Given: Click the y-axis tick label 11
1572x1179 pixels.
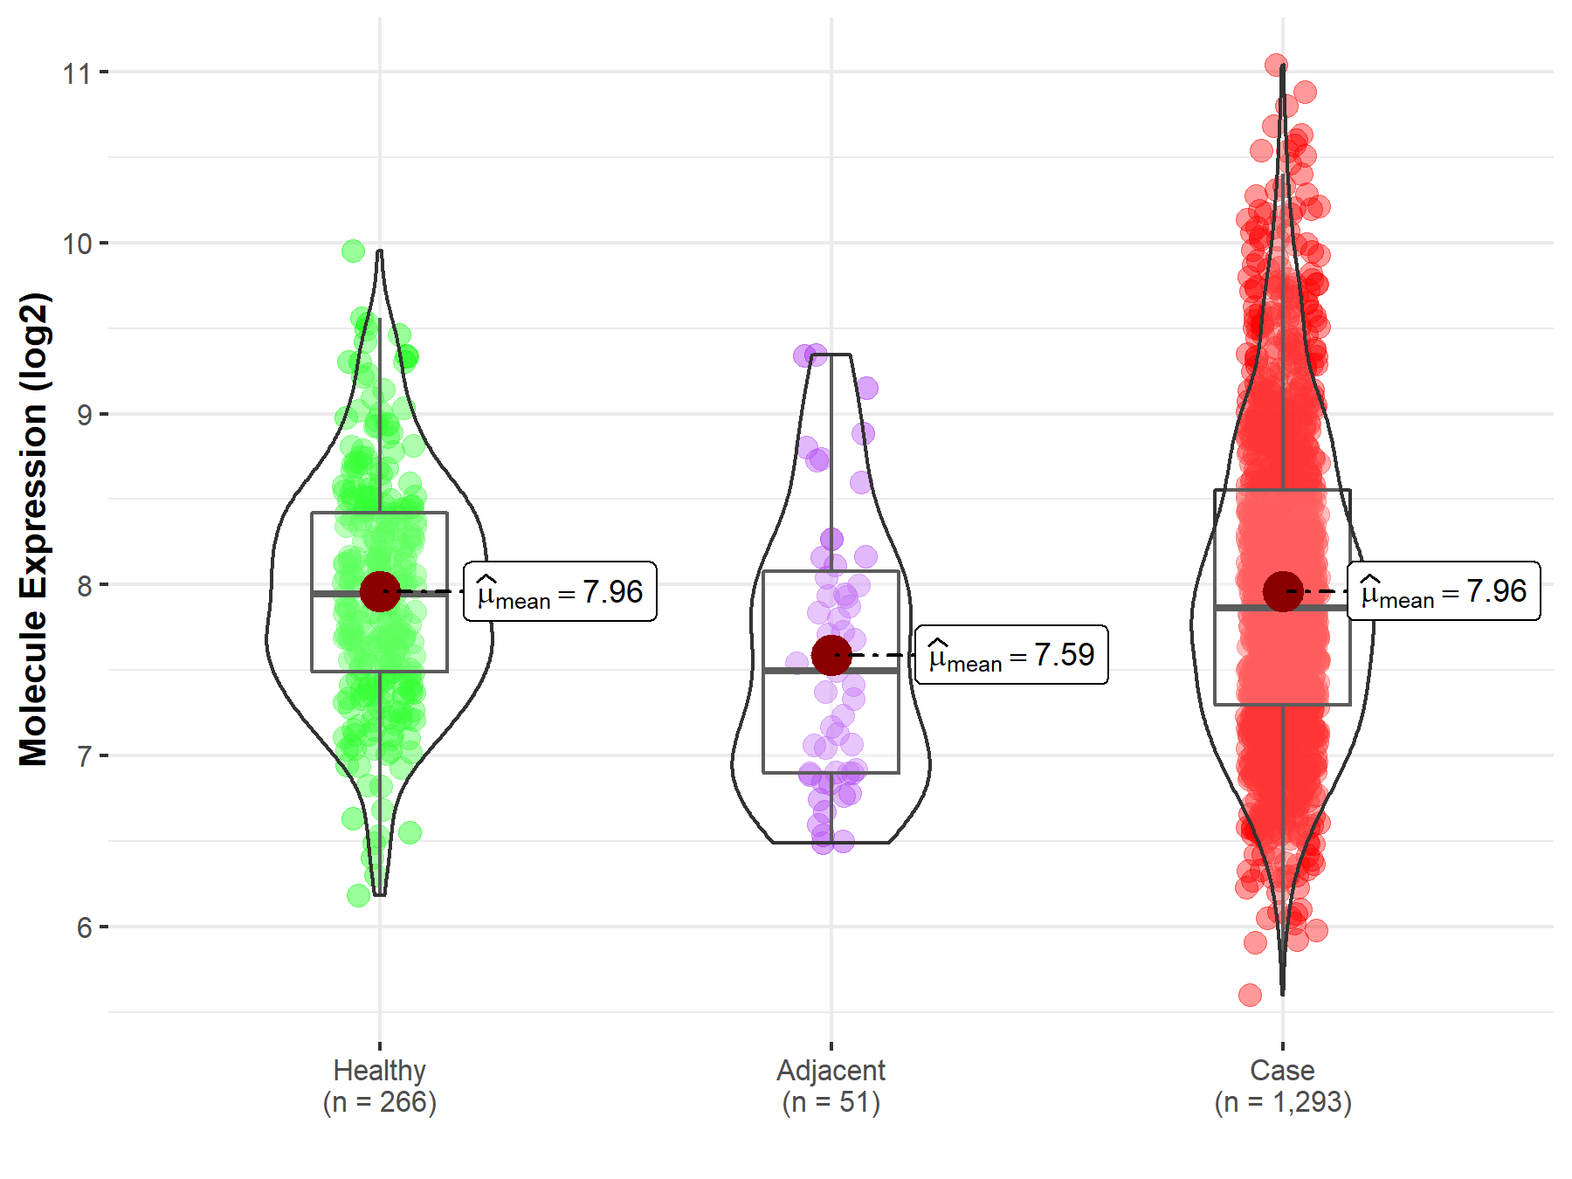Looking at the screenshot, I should pyautogui.click(x=77, y=73).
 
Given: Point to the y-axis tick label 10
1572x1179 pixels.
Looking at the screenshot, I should pyautogui.click(x=77, y=244).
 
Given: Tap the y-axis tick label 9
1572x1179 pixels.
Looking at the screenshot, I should pyautogui.click(x=84, y=415).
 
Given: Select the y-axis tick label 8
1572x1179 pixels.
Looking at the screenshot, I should pyautogui.click(x=84, y=586).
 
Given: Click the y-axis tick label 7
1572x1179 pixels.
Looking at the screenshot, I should pyautogui.click(x=84, y=756).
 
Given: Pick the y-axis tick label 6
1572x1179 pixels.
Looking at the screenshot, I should pyautogui.click(x=84, y=927).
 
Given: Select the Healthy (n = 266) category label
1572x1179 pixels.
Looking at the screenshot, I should pyautogui.click(x=379, y=1086).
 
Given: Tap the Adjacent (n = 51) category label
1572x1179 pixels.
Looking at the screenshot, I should pyautogui.click(x=831, y=1086).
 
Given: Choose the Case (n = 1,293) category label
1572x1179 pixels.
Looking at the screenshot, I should pyautogui.click(x=1282, y=1086).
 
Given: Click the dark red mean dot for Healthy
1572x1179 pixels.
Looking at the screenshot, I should pyautogui.click(x=380, y=592).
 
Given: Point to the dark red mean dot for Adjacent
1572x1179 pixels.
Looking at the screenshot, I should pyautogui.click(x=831, y=655).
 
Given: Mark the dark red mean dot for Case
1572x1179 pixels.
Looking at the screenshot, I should pyautogui.click(x=1283, y=592).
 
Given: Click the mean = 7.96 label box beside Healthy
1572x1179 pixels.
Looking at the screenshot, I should pyautogui.click(x=560, y=592).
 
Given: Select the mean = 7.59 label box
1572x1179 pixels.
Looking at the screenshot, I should pyautogui.click(x=1011, y=655).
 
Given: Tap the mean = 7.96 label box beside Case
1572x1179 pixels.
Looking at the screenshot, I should pyautogui.click(x=1444, y=592).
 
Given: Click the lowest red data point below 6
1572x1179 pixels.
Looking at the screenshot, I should pyautogui.click(x=1250, y=995).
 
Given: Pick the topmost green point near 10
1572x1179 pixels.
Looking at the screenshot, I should pyautogui.click(x=353, y=252).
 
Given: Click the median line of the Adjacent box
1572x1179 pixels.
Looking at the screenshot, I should pyautogui.click(x=831, y=671).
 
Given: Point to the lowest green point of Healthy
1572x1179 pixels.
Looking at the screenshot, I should pyautogui.click(x=358, y=895).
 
